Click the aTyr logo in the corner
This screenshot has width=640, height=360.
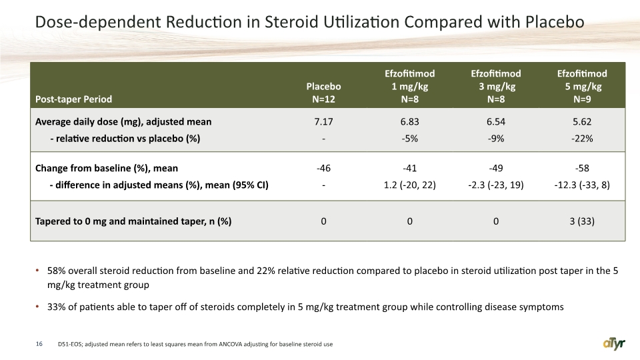(614, 344)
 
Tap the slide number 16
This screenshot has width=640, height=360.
(39, 344)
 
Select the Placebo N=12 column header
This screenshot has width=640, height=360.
(324, 93)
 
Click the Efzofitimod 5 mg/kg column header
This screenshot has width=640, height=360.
(582, 86)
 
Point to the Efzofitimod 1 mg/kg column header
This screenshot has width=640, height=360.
(410, 86)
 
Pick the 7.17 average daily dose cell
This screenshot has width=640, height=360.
(324, 121)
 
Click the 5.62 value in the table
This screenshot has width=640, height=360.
(582, 121)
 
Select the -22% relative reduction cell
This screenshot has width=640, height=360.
(582, 139)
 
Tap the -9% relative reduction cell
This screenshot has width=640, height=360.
(496, 139)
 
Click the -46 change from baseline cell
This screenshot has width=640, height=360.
(324, 168)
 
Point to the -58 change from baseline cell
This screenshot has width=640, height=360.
(582, 168)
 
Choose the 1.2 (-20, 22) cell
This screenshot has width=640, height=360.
(410, 185)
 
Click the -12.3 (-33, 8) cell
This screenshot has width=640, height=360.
(582, 185)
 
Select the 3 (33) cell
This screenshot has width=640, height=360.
(582, 221)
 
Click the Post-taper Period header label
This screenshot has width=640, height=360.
(73, 99)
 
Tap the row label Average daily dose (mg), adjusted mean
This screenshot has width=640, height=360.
(123, 121)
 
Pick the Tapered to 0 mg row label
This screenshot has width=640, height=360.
(133, 221)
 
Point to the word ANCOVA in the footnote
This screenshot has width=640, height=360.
(230, 344)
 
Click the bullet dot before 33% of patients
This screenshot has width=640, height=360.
(37, 307)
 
